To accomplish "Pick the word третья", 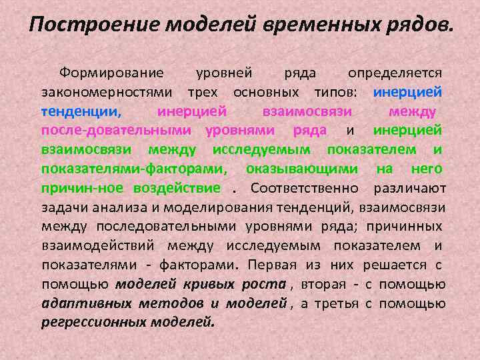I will [337, 303].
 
